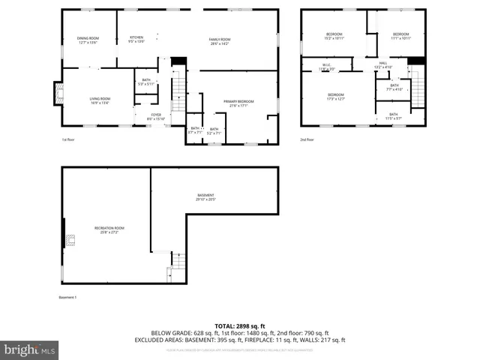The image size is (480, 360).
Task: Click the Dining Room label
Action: pyautogui.click(x=88, y=40)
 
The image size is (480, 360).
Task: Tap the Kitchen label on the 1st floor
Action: pyautogui.click(x=136, y=39)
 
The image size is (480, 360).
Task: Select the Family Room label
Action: pyautogui.click(x=219, y=40)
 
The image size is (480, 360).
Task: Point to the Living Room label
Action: pyautogui.click(x=100, y=100)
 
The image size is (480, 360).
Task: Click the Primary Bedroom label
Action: pyautogui.click(x=238, y=103)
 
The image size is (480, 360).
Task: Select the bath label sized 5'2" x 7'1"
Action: pyautogui.click(x=214, y=130)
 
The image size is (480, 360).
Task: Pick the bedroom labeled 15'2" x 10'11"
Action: pyautogui.click(x=334, y=36)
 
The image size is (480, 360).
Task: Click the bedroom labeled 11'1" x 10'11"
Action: pyautogui.click(x=400, y=36)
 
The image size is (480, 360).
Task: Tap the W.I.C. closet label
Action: pyautogui.click(x=327, y=67)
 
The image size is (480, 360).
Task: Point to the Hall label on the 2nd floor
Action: pyautogui.click(x=382, y=64)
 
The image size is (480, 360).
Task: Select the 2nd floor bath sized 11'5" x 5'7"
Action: pyautogui.click(x=393, y=116)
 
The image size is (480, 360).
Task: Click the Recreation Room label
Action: pyautogui.click(x=109, y=229)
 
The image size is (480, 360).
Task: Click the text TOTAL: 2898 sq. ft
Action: pyautogui.click(x=240, y=325)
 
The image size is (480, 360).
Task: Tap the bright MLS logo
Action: pyautogui.click(x=30, y=349)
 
